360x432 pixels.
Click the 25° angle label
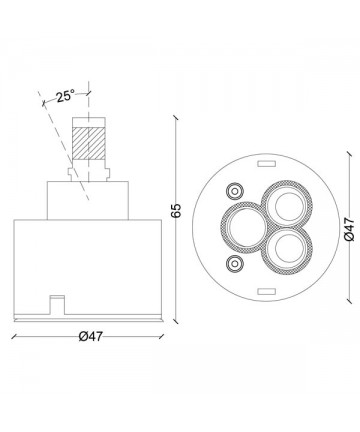(65, 96)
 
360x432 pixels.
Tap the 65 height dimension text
(176, 210)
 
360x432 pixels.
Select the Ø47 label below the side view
(91, 336)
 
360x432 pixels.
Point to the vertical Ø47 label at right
(349, 229)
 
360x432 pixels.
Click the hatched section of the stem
(89, 143)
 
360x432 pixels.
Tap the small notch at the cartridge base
(57, 305)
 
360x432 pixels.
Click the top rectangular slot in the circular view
(267, 164)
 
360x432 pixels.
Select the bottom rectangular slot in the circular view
(267, 292)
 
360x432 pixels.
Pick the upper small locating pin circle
(235, 191)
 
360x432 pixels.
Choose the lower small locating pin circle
(235, 264)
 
